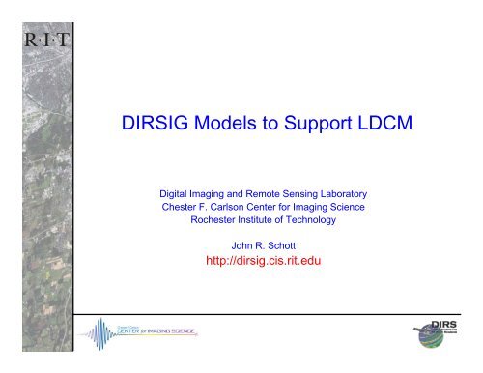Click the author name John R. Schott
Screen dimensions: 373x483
click(265, 247)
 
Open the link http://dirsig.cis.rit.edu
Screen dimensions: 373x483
click(265, 262)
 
